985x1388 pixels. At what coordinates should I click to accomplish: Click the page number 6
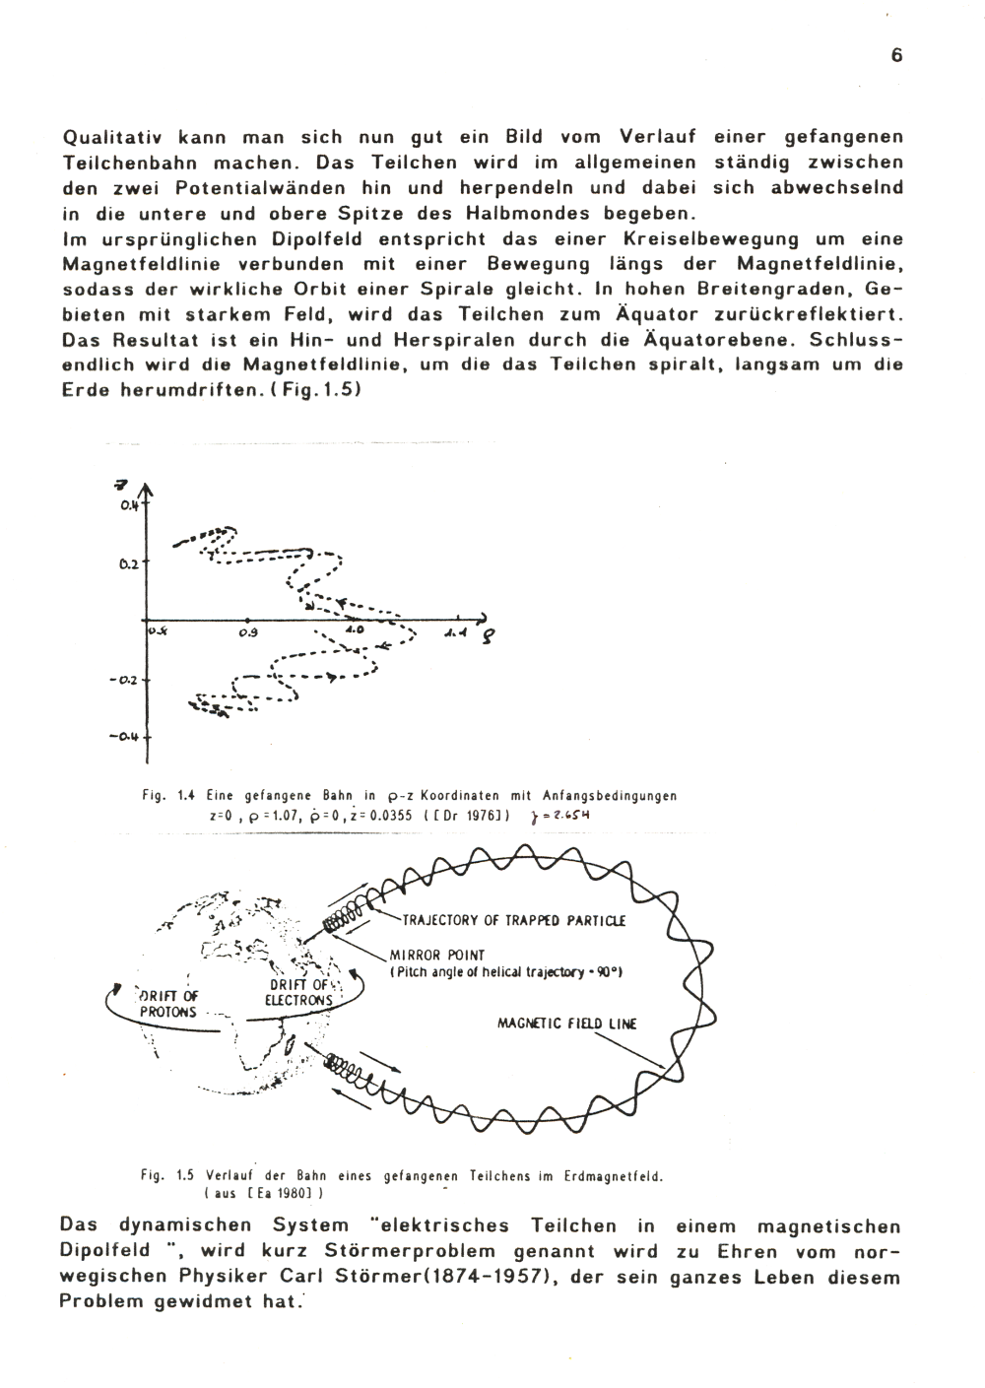pos(896,56)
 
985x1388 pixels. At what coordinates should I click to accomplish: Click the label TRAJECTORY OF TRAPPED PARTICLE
pos(513,921)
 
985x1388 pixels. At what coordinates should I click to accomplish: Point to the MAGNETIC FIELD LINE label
pos(567,1024)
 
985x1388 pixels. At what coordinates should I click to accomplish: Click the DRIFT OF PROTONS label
pos(168,1004)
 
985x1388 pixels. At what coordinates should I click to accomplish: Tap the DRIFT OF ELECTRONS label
pos(300,992)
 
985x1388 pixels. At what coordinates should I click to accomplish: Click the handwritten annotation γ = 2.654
pos(559,816)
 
